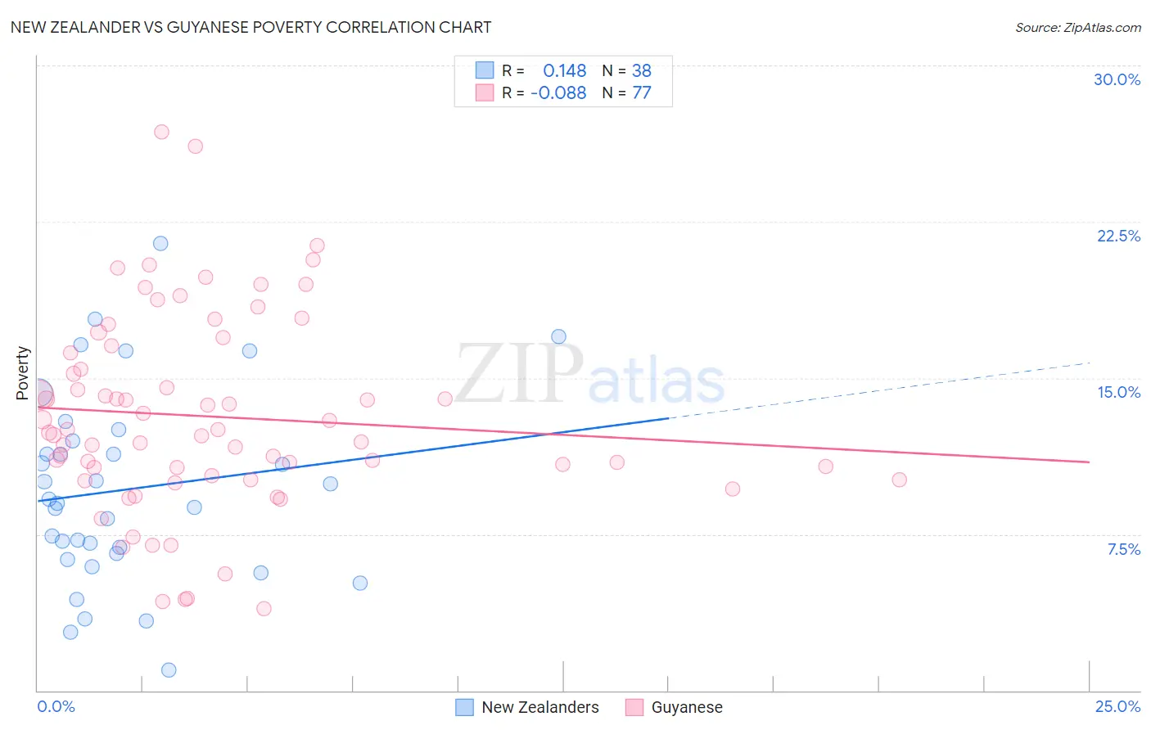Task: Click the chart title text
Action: click(251, 27)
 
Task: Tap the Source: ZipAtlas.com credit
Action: click(1077, 27)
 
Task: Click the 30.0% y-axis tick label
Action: click(1117, 79)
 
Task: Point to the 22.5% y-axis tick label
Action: click(1118, 236)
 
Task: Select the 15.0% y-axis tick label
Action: click(1118, 392)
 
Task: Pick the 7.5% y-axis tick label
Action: click(1123, 549)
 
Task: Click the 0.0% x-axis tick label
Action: click(56, 706)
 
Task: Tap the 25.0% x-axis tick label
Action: click(1117, 706)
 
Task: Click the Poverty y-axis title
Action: click(22, 373)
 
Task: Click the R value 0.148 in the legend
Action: click(564, 71)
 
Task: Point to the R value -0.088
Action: click(558, 93)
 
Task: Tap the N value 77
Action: click(642, 93)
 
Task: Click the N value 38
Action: click(642, 71)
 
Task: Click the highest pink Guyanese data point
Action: click(161, 132)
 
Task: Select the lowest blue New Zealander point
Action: click(169, 669)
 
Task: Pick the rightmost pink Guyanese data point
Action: click(899, 480)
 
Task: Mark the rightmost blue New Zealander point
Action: click(558, 336)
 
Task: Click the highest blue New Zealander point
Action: click(160, 243)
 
